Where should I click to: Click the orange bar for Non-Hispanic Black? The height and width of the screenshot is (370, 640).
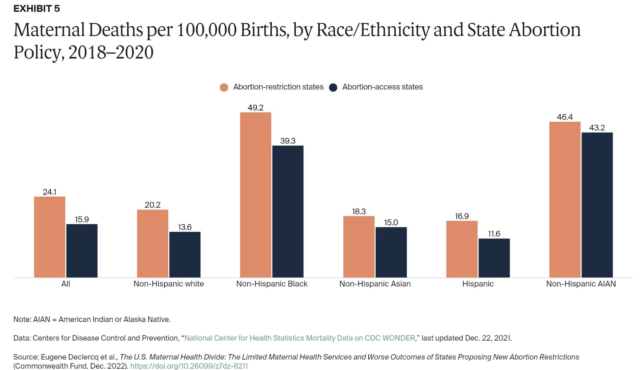pos(255,195)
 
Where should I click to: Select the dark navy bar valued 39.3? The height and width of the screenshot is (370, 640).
pos(288,212)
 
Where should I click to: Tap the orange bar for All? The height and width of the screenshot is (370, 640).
pos(50,237)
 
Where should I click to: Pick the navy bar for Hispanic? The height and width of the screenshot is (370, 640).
pos(494,258)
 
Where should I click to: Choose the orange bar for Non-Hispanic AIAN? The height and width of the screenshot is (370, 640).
pos(565,199)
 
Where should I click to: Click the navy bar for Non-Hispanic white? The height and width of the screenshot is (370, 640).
pos(185,254)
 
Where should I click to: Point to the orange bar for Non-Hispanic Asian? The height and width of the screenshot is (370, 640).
pos(359,247)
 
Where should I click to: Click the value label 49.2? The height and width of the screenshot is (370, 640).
pos(255,108)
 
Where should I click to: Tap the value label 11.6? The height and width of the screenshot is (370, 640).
pos(494,234)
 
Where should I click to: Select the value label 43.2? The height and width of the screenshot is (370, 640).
pos(597,128)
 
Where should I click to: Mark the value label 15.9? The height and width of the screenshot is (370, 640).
pos(82,220)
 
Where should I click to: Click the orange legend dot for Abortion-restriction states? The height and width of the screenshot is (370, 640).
pos(224,88)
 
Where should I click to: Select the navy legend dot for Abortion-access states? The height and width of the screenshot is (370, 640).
pos(333,88)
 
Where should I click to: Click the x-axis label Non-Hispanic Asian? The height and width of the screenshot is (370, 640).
pos(375,284)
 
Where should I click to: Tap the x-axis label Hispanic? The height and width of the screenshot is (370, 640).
pos(478,284)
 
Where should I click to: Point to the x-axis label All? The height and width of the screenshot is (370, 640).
pos(66,284)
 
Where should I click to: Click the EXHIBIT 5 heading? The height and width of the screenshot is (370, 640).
pos(36,9)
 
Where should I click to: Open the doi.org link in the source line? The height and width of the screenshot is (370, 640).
pos(189,366)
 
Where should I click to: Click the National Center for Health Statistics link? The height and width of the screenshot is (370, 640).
pos(299,338)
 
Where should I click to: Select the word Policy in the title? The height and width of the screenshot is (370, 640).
pos(37,53)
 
